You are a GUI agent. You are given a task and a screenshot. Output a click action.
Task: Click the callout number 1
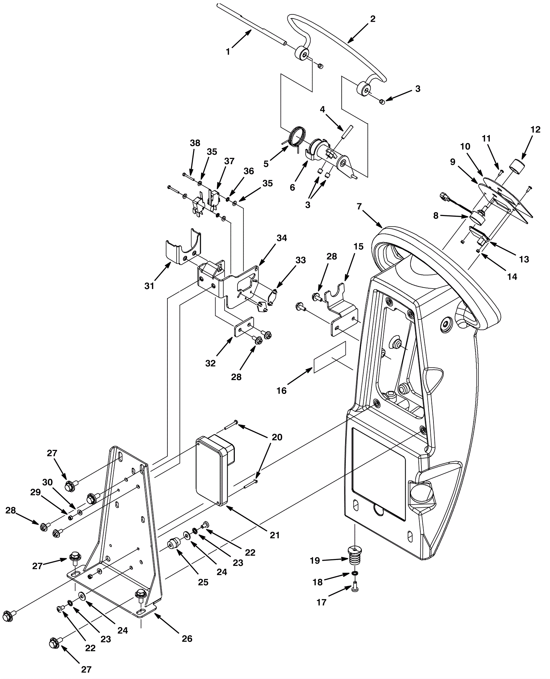pyautogui.click(x=228, y=52)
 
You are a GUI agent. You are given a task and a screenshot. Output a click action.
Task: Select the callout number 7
pyautogui.click(x=359, y=207)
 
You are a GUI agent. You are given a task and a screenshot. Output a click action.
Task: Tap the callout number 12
pyautogui.click(x=535, y=130)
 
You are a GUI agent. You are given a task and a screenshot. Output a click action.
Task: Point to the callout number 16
pyautogui.click(x=282, y=391)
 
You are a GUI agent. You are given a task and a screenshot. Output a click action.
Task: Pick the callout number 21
pyautogui.click(x=275, y=535)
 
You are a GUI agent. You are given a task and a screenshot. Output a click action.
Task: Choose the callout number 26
pyautogui.click(x=187, y=638)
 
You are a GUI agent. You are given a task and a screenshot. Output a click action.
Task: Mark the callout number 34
pyautogui.click(x=282, y=238)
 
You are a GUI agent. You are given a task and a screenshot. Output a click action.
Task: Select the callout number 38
pyautogui.click(x=195, y=143)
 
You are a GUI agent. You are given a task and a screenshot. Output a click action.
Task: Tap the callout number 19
pyautogui.click(x=315, y=561)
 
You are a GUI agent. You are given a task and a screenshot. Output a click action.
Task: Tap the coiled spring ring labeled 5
pyautogui.click(x=296, y=136)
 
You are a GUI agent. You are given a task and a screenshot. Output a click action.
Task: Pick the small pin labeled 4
pyautogui.click(x=346, y=132)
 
